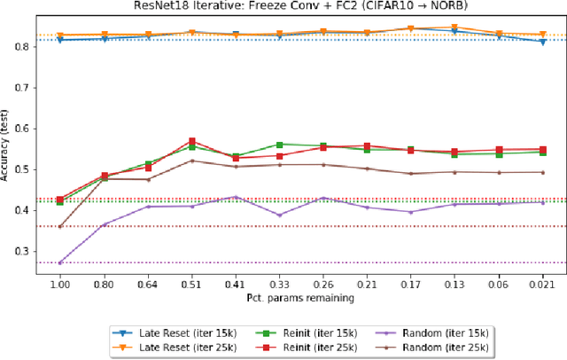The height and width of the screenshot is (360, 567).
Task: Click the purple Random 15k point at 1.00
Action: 60,262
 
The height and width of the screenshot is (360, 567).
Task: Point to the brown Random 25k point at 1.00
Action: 60,226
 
